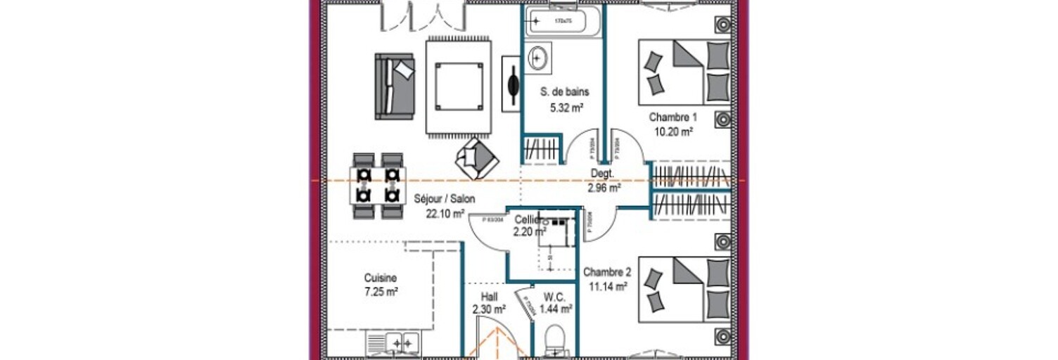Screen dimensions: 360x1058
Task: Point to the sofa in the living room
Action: pos(394,85)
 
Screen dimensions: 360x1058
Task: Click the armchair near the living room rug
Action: pos(476,157)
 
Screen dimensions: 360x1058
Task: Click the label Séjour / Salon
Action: pos(444,199)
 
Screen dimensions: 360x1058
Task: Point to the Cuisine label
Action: pos(381,277)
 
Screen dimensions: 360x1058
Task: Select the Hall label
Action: pos(490,297)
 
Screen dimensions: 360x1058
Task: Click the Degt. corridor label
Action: pos(603,174)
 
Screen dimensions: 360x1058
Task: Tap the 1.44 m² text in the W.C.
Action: pos(556,308)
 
